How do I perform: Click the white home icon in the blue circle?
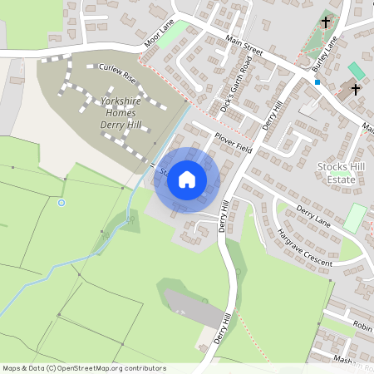[x=187, y=179]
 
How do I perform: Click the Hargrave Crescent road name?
[x=304, y=247]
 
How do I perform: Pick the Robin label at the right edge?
[x=362, y=327]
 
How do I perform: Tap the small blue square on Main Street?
[x=317, y=82]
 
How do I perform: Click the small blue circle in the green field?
[x=61, y=202]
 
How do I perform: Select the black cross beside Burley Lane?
[x=325, y=22]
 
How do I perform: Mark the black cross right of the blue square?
[x=356, y=88]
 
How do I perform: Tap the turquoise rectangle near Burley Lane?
[x=355, y=71]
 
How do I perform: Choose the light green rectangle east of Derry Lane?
[x=355, y=218]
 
